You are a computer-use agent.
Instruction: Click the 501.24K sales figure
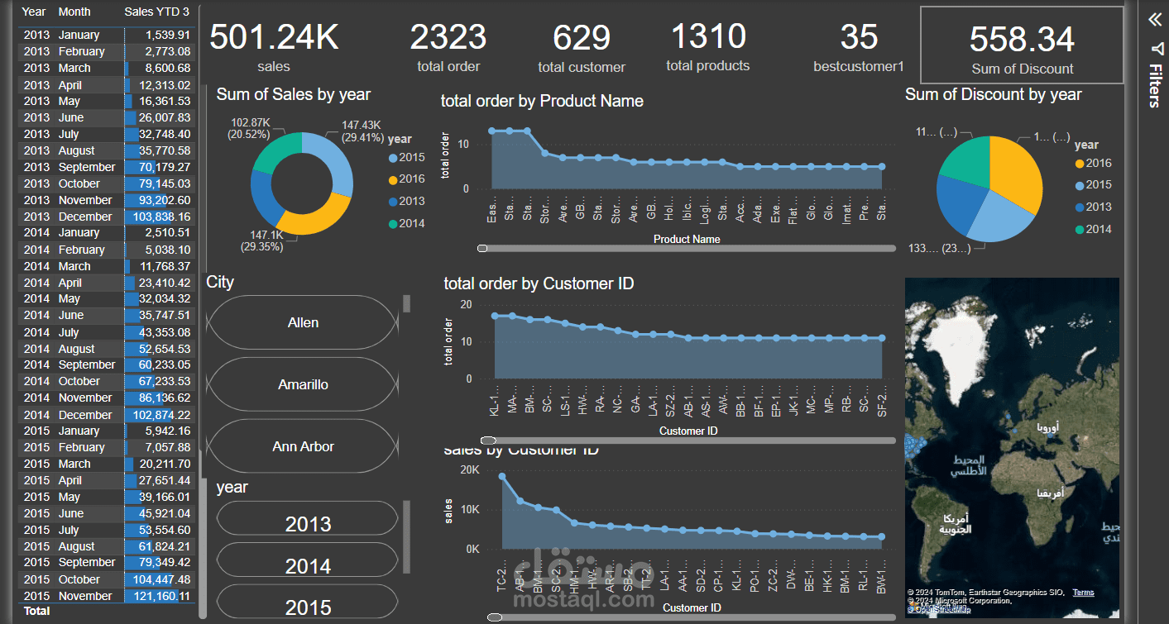(274, 38)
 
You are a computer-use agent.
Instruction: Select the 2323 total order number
(448, 38)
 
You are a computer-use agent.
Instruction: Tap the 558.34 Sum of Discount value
(1022, 40)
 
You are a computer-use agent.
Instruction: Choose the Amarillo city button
(303, 384)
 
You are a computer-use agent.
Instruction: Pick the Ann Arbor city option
(303, 446)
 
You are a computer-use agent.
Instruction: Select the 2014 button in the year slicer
(308, 566)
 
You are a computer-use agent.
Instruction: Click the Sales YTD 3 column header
(156, 12)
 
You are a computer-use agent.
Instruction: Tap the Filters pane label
(1155, 88)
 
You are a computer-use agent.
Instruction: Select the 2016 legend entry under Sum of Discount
(1093, 164)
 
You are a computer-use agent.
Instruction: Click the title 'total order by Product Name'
(542, 102)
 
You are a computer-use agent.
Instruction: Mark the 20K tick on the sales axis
(469, 470)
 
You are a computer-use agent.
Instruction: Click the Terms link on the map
(1083, 593)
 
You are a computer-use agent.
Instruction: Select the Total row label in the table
(37, 612)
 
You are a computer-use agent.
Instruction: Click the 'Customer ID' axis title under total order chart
(688, 431)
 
